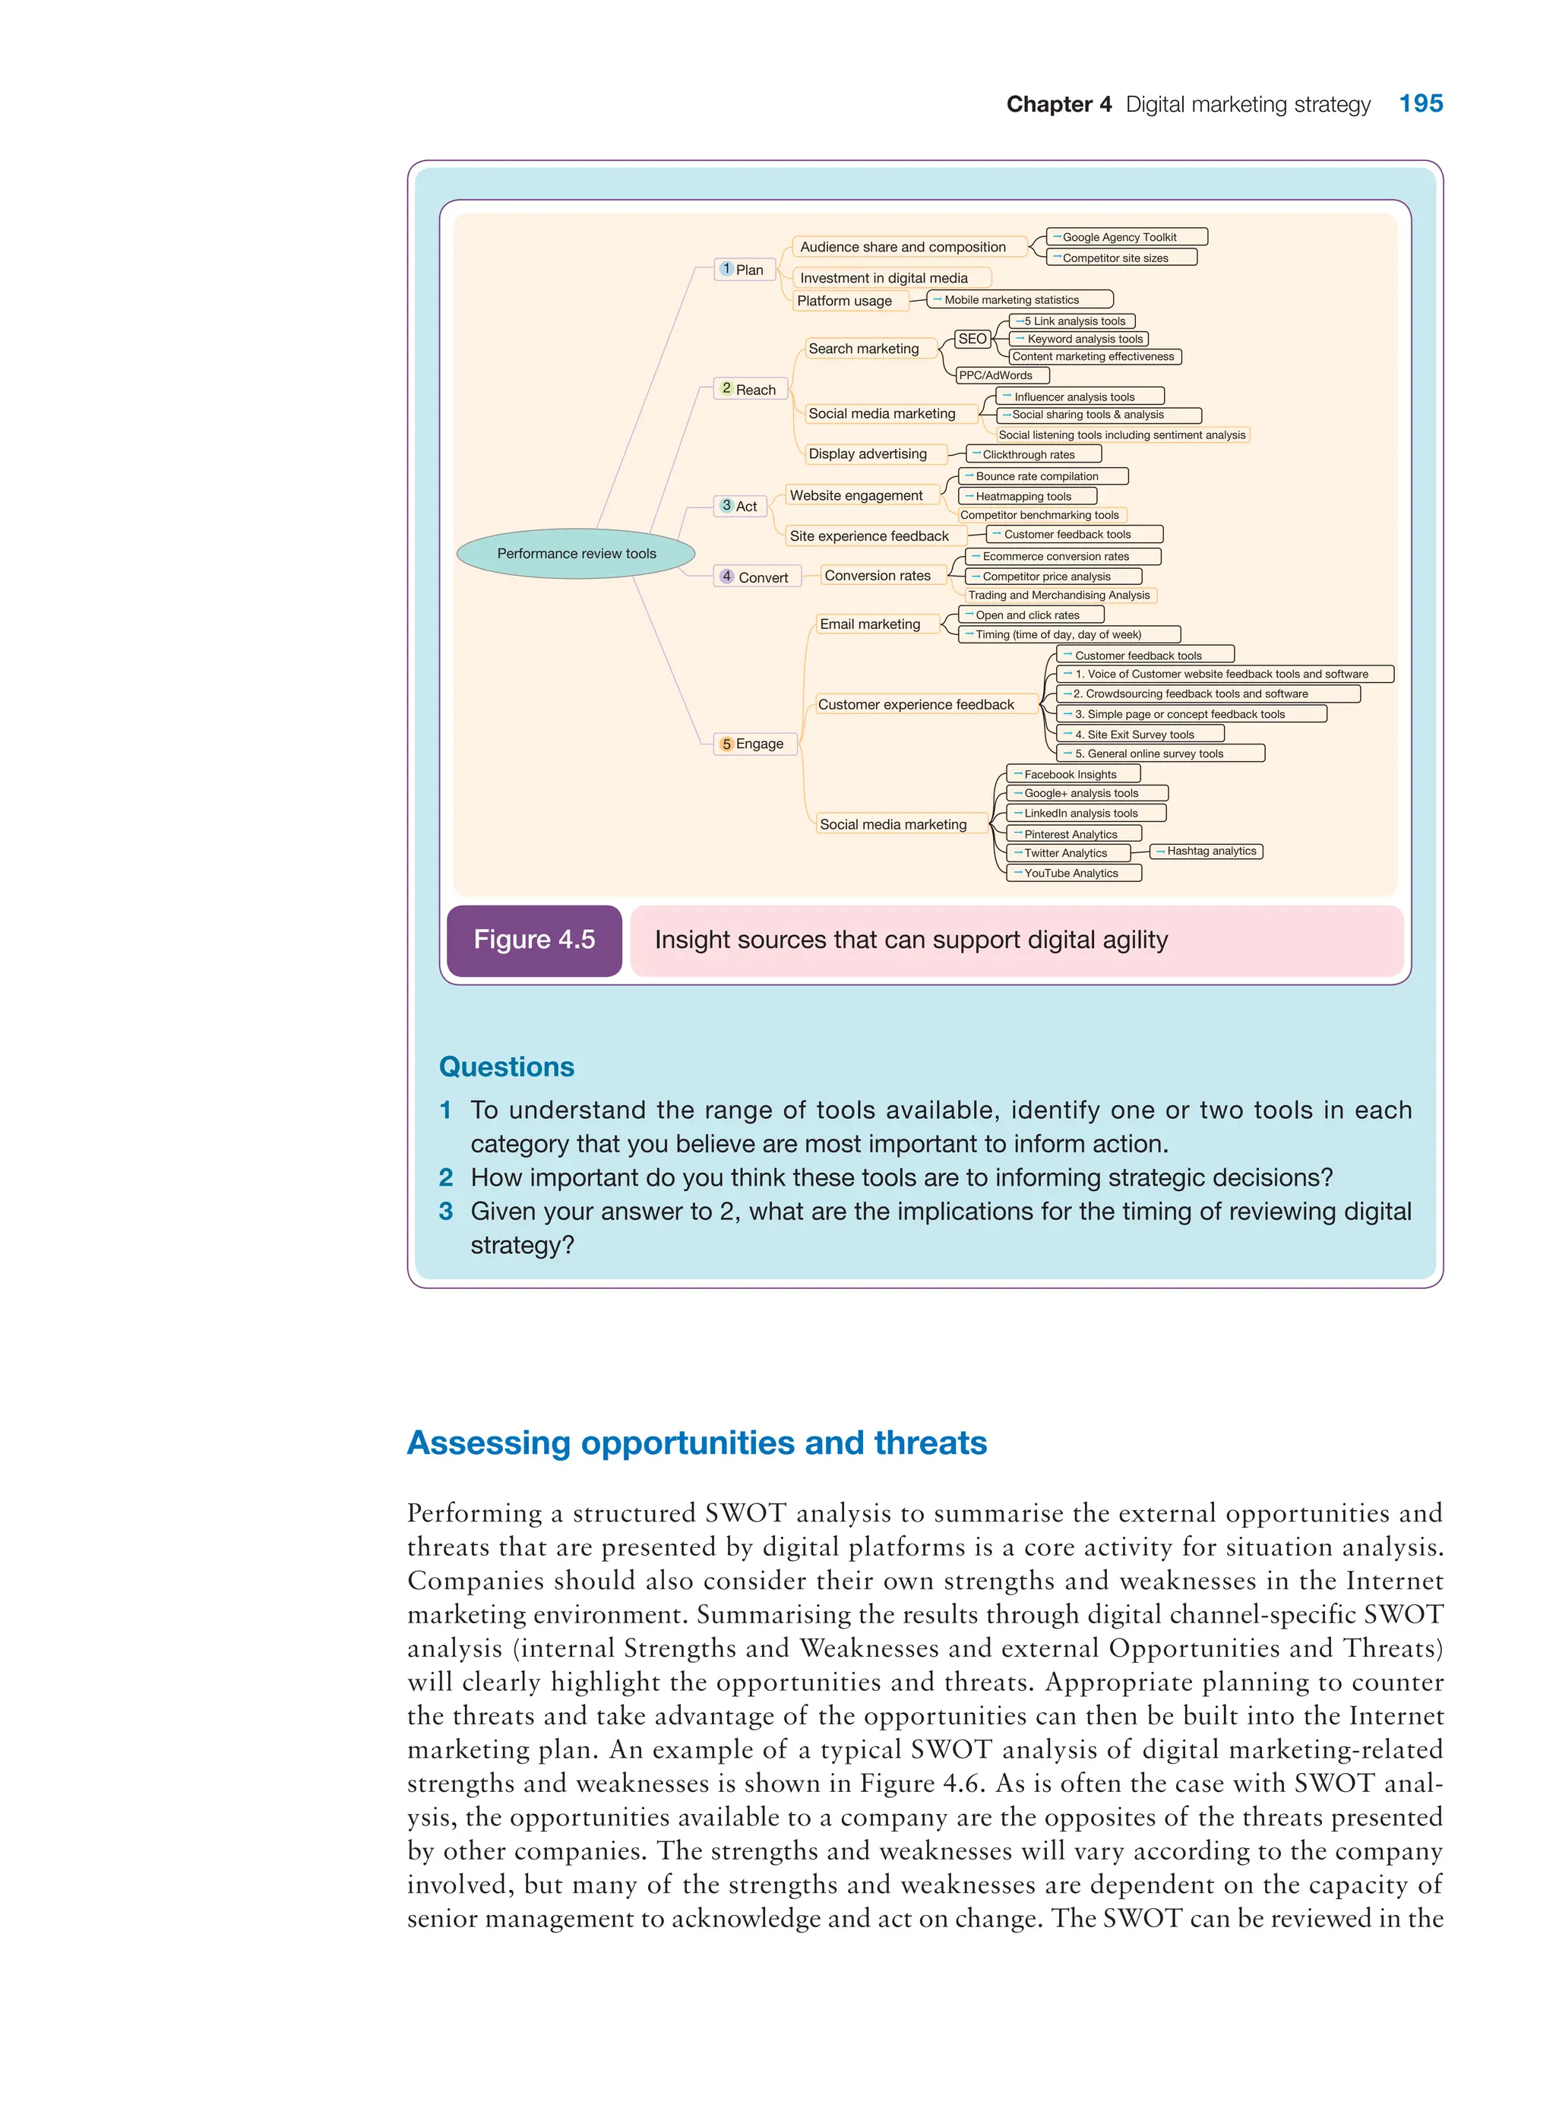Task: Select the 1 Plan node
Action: click(x=744, y=270)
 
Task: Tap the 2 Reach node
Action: click(x=750, y=389)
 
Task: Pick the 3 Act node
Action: click(x=740, y=507)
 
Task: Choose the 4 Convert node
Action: click(x=756, y=577)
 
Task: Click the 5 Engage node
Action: click(x=754, y=744)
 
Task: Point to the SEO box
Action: click(x=972, y=339)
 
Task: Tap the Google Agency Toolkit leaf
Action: click(x=1127, y=237)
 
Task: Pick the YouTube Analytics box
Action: click(x=1074, y=874)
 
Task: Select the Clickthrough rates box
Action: click(x=1033, y=455)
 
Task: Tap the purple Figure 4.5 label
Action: click(x=534, y=940)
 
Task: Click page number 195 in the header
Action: click(x=1420, y=103)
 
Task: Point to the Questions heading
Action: click(x=507, y=1067)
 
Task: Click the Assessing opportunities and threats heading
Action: click(x=697, y=1443)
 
